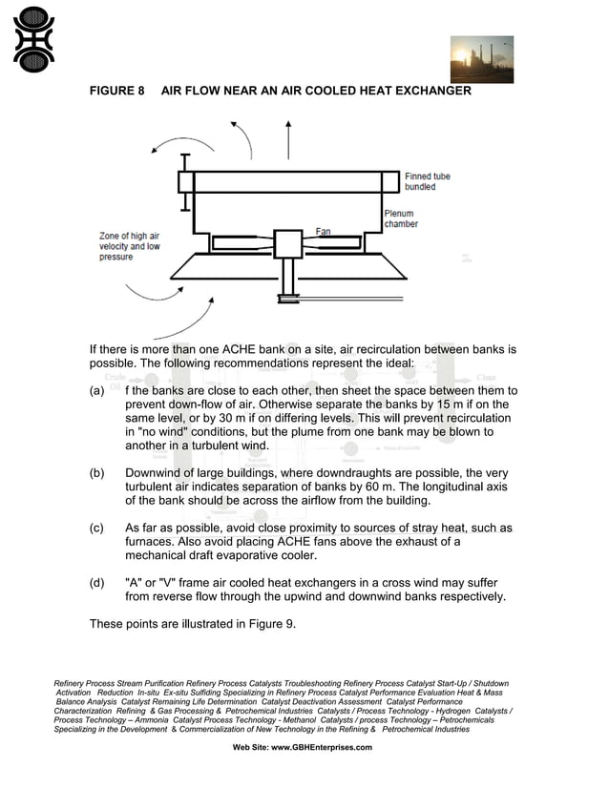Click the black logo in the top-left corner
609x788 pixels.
[33, 40]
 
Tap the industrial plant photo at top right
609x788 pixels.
[481, 60]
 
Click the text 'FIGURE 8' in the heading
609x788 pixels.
[116, 92]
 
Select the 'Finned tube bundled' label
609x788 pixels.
[427, 181]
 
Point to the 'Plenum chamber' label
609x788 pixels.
[401, 218]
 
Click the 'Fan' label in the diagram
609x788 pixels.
[324, 231]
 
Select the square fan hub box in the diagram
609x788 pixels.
[287, 244]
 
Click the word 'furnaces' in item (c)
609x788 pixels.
[153, 542]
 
